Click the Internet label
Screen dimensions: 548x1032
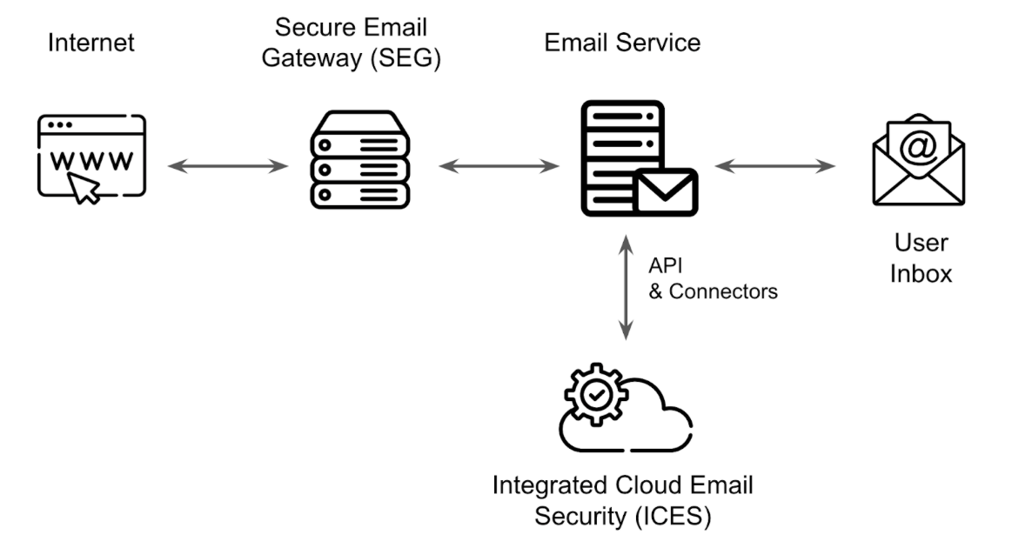click(x=90, y=42)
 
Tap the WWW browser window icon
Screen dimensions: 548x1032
click(x=91, y=157)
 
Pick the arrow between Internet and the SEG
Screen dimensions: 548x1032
click(x=227, y=164)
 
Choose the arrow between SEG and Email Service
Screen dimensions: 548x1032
click(x=498, y=164)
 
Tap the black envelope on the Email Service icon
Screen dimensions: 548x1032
click(x=666, y=191)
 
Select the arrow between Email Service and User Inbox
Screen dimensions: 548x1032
click(x=774, y=164)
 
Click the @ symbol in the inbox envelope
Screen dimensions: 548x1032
click(x=917, y=147)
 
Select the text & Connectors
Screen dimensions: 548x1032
click(x=714, y=291)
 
